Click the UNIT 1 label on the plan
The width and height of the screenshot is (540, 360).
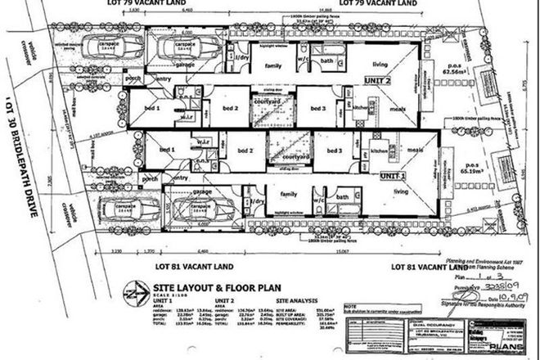(x=392, y=175)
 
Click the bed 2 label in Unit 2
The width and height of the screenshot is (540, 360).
(x=231, y=106)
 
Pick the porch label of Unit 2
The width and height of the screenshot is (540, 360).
(x=132, y=79)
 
